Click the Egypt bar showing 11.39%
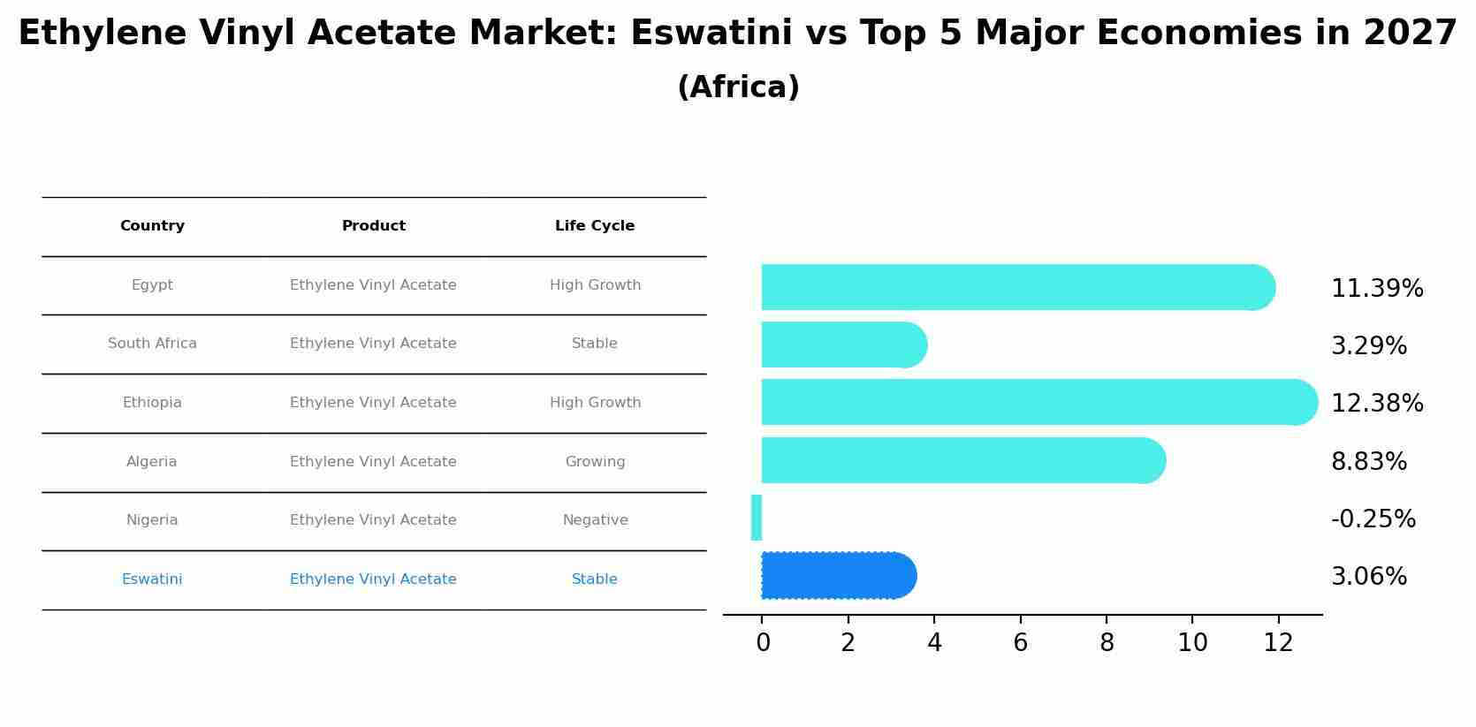(x=1016, y=287)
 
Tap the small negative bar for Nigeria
(x=757, y=518)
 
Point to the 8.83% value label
(x=1368, y=461)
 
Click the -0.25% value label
(x=1373, y=519)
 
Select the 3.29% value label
(x=1368, y=345)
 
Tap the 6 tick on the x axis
(x=1020, y=642)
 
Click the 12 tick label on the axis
(x=1278, y=642)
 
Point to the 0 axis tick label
(x=763, y=642)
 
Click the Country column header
(x=152, y=226)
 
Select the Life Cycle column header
(x=595, y=226)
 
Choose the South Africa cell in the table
(x=152, y=344)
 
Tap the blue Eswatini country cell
(x=152, y=579)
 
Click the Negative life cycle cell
(x=595, y=520)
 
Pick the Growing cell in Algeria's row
(x=595, y=462)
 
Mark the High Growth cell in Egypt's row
(x=595, y=285)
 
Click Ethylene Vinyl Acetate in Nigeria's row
(x=373, y=520)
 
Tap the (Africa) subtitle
(x=738, y=87)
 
